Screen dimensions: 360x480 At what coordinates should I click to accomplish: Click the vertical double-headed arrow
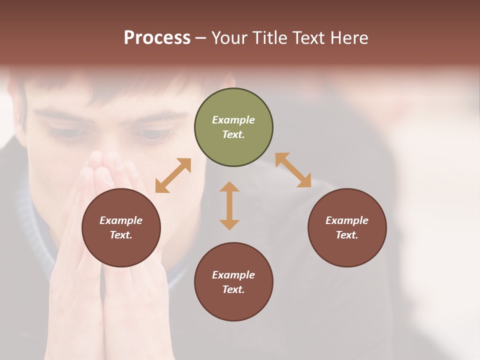pyautogui.click(x=229, y=205)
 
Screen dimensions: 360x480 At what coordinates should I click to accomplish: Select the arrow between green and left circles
pyautogui.click(x=173, y=175)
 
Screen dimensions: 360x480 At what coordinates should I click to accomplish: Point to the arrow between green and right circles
pyautogui.click(x=293, y=170)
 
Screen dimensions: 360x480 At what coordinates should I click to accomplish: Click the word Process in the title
pyautogui.click(x=157, y=38)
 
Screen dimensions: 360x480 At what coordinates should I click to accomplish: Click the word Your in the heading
pyautogui.click(x=230, y=38)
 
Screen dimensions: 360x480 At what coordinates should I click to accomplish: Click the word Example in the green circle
pyautogui.click(x=233, y=120)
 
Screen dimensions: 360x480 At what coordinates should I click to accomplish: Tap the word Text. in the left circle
pyautogui.click(x=121, y=235)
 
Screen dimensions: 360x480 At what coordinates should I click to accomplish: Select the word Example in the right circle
pyautogui.click(x=347, y=220)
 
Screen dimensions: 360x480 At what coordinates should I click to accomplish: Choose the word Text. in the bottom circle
pyautogui.click(x=233, y=289)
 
